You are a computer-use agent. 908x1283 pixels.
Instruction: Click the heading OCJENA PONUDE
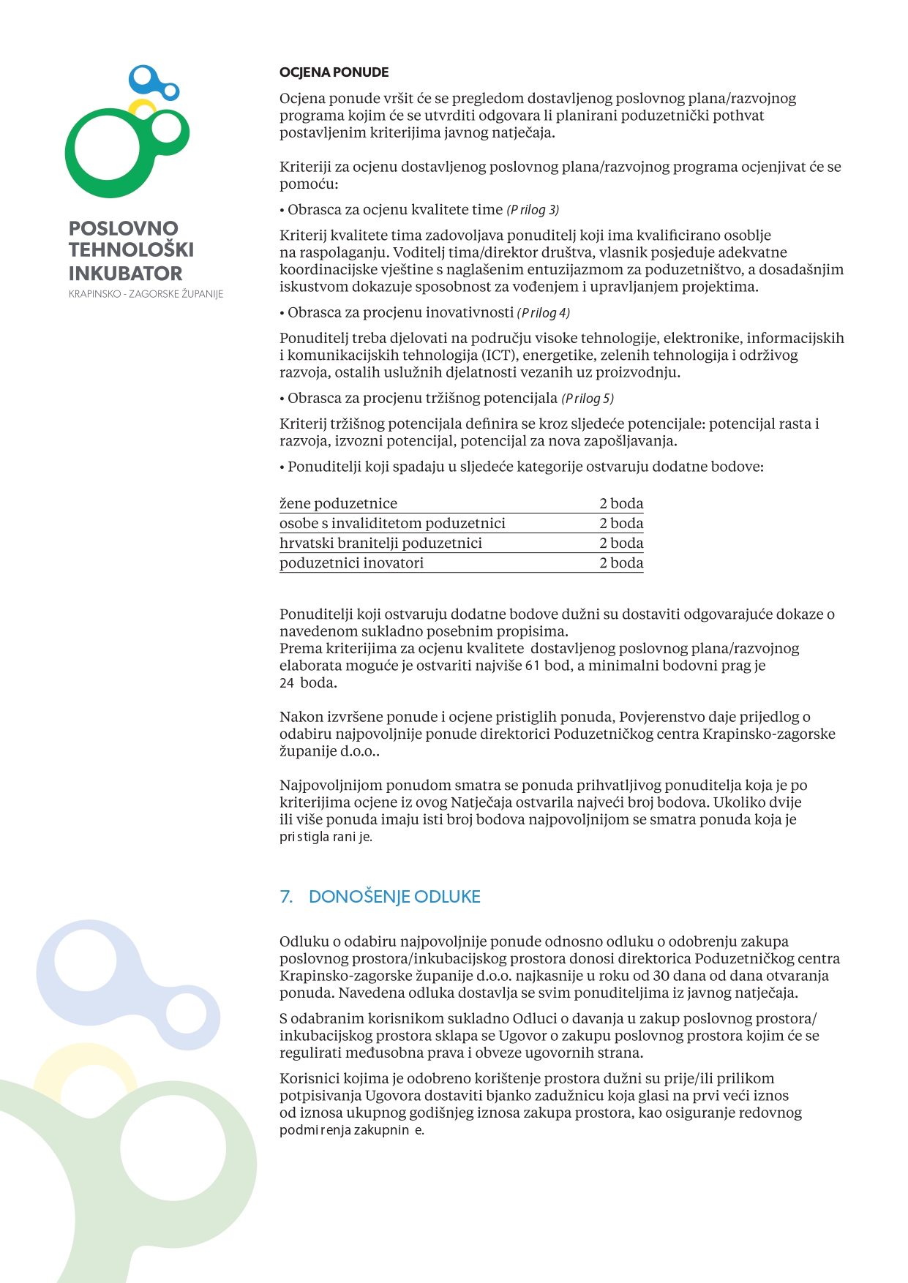tap(334, 72)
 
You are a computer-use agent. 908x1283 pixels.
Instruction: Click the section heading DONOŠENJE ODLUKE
tap(394, 897)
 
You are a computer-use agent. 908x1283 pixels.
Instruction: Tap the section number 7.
tap(286, 897)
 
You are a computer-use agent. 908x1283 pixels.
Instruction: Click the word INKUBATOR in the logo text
tap(125, 274)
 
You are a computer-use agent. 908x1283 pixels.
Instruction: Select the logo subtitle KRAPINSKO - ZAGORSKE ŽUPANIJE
tap(146, 294)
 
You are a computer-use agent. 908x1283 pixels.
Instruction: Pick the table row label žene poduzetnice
tap(338, 503)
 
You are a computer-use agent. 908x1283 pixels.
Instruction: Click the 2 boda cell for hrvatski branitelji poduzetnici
tap(621, 543)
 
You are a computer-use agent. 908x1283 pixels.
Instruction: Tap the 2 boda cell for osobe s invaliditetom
tap(621, 523)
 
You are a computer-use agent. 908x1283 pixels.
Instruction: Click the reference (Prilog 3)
tap(533, 210)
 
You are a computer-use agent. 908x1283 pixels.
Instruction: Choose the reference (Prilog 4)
tap(543, 313)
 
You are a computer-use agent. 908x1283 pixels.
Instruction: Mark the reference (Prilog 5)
tap(588, 399)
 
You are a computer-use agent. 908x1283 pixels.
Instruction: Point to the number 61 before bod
tap(533, 666)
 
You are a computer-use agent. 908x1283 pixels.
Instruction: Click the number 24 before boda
tap(287, 683)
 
